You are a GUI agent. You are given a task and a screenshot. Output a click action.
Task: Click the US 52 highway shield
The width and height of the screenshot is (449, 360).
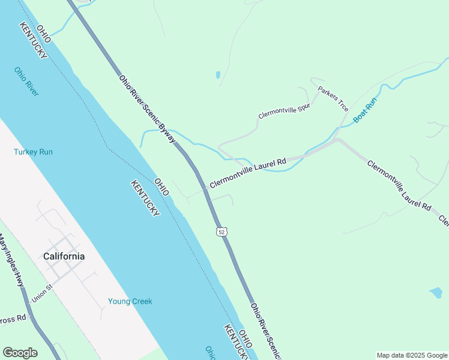221,232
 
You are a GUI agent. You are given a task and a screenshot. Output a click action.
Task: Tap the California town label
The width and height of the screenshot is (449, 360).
64,256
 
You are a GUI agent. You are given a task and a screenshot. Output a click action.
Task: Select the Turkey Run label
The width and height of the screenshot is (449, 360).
33,152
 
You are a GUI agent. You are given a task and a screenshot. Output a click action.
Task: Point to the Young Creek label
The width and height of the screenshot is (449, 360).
130,301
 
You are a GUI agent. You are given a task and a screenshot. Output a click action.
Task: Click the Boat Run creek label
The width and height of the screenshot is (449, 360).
364,111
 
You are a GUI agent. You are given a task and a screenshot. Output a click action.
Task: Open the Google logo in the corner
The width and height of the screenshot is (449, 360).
20,353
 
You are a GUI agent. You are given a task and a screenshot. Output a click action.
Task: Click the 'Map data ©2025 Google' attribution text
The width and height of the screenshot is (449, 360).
412,355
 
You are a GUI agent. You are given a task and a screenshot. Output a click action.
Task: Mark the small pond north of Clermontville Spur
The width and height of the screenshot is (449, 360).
217,76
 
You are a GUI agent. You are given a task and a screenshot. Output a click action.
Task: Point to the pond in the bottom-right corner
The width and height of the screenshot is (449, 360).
436,293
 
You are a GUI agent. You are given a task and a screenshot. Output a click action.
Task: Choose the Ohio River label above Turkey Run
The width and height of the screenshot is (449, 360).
26,81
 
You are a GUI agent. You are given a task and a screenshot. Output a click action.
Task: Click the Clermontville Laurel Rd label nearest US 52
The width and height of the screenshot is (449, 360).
247,173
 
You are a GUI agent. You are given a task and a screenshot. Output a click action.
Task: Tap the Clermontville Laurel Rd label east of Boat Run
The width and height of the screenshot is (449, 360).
399,185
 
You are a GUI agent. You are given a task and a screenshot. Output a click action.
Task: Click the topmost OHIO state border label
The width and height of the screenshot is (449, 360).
43,32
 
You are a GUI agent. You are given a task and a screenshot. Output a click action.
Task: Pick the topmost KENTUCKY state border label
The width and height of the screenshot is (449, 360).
33,40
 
